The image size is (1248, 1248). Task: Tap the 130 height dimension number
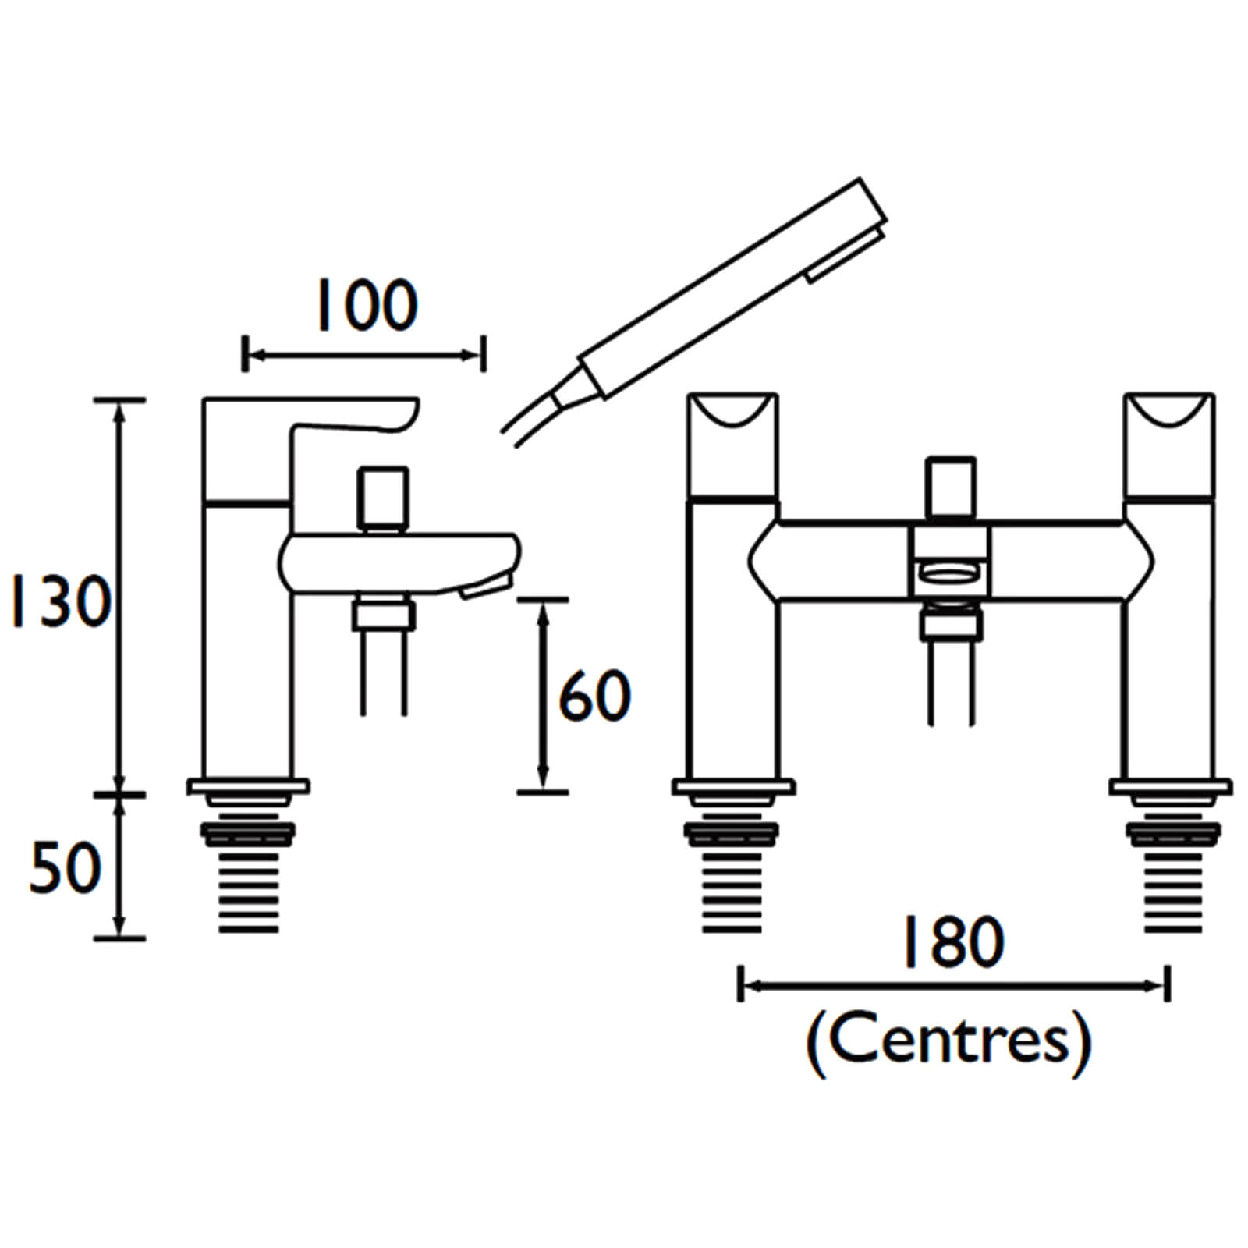(x=59, y=602)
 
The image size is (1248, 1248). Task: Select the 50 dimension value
(x=66, y=867)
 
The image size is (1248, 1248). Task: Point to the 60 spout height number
(x=594, y=696)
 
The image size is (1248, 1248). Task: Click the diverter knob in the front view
(x=951, y=487)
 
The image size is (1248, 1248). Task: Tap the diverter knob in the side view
(x=383, y=497)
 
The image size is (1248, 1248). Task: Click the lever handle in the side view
(x=355, y=425)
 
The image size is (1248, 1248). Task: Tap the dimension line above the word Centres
(x=954, y=986)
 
